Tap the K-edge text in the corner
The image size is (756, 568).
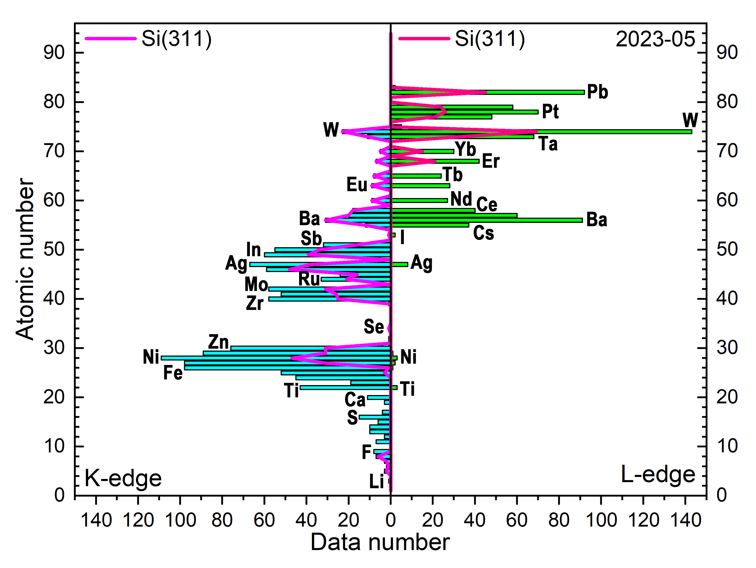point(123,478)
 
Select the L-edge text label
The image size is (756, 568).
point(658,475)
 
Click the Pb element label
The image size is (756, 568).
point(597,92)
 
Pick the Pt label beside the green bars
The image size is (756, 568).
point(550,112)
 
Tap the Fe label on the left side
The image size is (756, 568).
point(173,373)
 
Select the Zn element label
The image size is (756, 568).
point(219,342)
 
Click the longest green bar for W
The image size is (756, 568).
point(615,132)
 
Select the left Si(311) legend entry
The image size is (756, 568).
point(148,38)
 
